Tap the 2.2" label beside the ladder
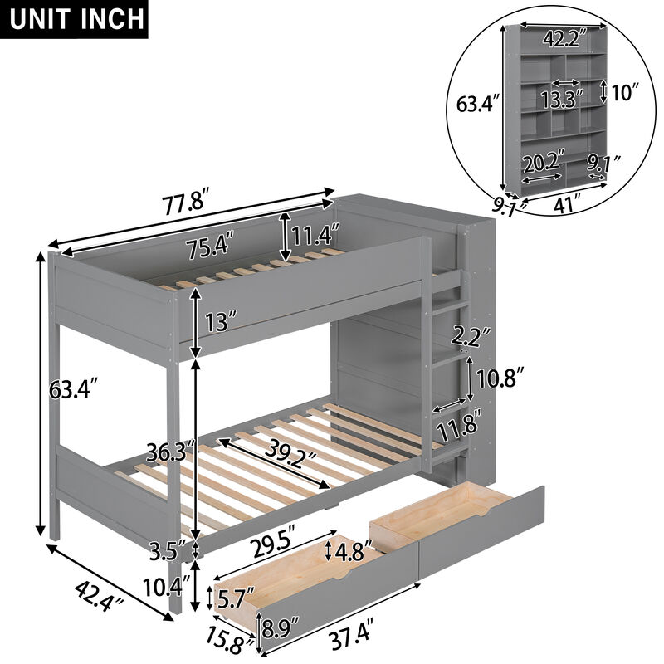[x=466, y=337]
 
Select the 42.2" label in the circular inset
[x=561, y=38]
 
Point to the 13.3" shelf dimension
[x=555, y=100]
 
